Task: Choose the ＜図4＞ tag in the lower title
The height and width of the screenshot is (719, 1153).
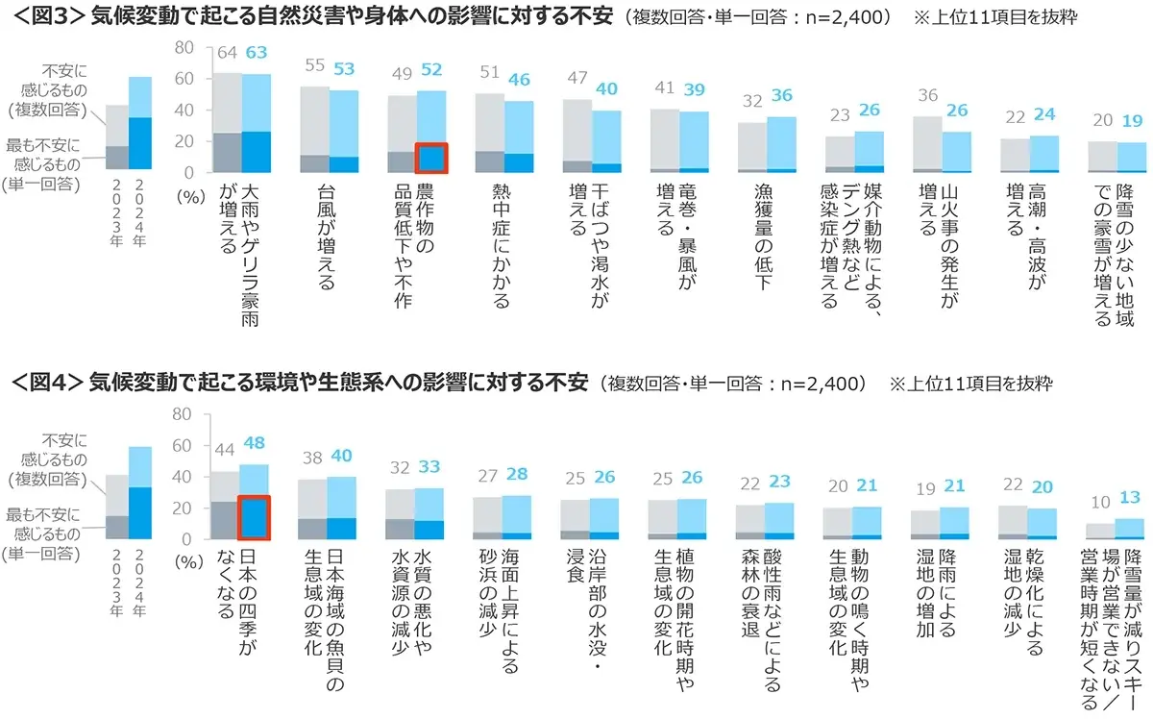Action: pyautogui.click(x=45, y=383)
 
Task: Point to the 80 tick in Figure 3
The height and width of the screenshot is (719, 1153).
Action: pyautogui.click(x=184, y=46)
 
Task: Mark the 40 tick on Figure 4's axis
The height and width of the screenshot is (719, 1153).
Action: pyautogui.click(x=184, y=477)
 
